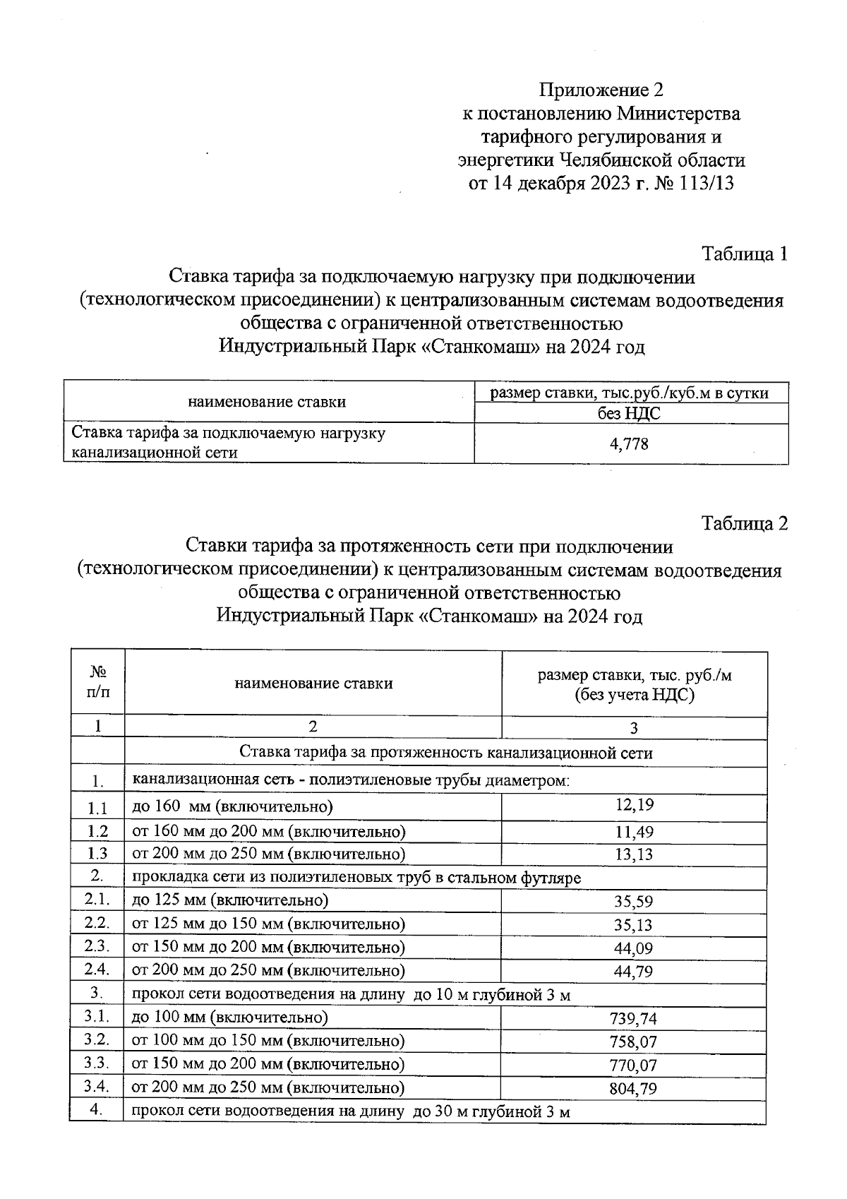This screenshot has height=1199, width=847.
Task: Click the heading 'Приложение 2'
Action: (601, 90)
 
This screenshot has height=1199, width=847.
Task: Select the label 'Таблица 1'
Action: (744, 254)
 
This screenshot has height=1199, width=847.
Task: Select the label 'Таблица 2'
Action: (744, 523)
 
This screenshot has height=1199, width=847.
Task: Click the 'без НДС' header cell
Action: (630, 414)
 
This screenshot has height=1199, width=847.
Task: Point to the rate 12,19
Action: (635, 804)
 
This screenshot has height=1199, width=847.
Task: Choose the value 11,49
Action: (635, 832)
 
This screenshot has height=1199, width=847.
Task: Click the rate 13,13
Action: (635, 854)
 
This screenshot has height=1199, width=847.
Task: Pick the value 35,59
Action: (633, 902)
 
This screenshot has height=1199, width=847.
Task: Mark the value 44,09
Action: (633, 948)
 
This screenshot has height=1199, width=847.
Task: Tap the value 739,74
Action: (633, 1018)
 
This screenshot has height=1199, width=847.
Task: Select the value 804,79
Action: (633, 1088)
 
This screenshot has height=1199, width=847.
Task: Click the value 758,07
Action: (633, 1042)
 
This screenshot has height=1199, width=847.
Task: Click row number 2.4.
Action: (97, 970)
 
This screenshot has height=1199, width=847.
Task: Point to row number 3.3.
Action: (97, 1063)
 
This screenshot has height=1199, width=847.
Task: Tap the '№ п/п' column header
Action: (98, 683)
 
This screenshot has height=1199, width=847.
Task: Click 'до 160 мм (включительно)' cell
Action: (233, 806)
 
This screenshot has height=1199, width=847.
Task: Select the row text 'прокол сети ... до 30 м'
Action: (351, 1111)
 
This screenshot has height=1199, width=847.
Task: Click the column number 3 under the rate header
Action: (634, 728)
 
